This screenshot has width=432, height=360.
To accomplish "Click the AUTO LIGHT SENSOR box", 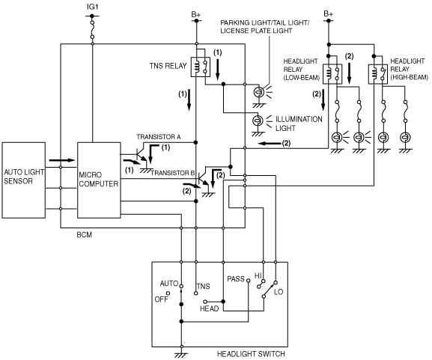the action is coord(24,180).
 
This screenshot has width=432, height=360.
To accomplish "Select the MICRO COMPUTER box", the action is coord(99,180).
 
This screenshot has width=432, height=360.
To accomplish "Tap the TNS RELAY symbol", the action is coord(201,67).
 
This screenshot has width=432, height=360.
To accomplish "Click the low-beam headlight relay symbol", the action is coord(332,74).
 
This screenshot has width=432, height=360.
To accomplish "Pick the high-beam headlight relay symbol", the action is coord(378,74).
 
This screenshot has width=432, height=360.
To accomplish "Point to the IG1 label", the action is coord(92,7).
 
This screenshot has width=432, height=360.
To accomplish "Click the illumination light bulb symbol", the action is coord(258,120).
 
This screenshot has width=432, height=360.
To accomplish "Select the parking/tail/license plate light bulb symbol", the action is coord(258,92).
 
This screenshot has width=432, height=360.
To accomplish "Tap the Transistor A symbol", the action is coord(142,156).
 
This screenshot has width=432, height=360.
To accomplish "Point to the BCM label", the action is coord(85,235).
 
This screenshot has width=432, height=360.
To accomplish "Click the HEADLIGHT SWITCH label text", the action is coord(251,354).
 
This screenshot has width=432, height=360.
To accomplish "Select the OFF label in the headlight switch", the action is coord(161,299).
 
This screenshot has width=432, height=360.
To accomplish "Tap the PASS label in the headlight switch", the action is coord(236,279).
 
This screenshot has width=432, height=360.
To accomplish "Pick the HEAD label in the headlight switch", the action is coord(210,309).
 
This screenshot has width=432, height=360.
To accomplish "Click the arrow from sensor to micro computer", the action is coord(62,160).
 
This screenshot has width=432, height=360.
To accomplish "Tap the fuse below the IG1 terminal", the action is coord(92,29).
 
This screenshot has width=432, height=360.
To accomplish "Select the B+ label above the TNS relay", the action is coord(196,14).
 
